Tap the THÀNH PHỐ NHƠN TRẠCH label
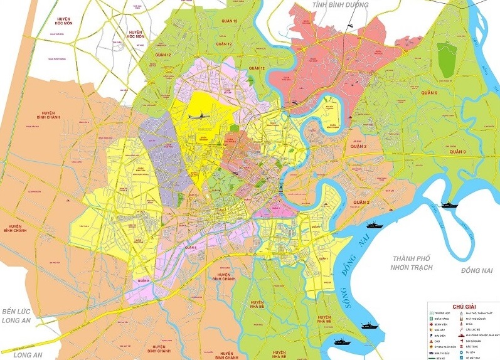coord(415,263)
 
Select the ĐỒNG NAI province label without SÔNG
coord(477,270)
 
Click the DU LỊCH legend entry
coord(472,352)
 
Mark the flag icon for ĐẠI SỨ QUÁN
coord(461,341)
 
